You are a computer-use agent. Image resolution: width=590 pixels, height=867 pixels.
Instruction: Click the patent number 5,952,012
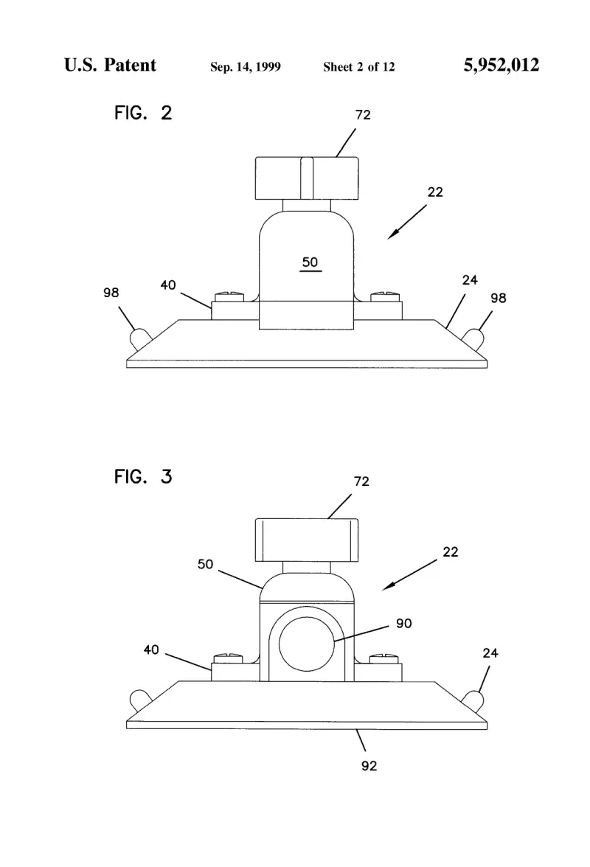(x=501, y=65)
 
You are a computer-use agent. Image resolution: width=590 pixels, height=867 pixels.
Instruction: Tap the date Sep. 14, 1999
(x=246, y=67)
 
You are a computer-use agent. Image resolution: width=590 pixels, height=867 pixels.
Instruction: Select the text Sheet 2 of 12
(x=359, y=67)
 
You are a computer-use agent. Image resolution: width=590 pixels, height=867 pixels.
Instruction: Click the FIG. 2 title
(x=143, y=113)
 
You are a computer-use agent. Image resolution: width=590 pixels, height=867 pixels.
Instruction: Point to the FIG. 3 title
(x=143, y=476)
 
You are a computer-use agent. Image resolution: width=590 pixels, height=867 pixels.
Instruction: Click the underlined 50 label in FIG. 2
(x=310, y=262)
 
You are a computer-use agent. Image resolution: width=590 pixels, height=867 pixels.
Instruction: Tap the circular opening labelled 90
(x=306, y=643)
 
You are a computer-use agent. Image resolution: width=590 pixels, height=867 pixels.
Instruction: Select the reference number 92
(x=369, y=766)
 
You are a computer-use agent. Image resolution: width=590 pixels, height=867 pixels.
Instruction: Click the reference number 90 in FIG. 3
(x=403, y=624)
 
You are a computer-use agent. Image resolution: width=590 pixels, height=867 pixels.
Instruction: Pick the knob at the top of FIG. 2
(x=307, y=178)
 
